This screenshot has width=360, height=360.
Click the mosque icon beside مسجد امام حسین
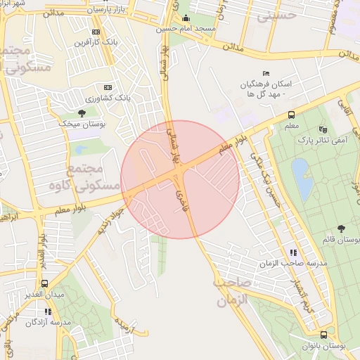coord(186,19)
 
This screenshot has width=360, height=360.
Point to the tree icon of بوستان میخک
coord(82,112)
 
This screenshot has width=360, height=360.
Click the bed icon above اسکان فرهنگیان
coord(265,72)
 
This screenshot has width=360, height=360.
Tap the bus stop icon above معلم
coord(290,115)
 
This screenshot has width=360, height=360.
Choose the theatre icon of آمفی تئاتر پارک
coord(323,129)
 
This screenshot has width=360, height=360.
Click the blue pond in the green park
coord(302,176)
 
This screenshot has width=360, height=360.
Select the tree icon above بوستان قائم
coord(341,228)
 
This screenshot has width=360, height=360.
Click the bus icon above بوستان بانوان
coord(323,335)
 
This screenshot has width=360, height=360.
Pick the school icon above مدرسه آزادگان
coord(48,311)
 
